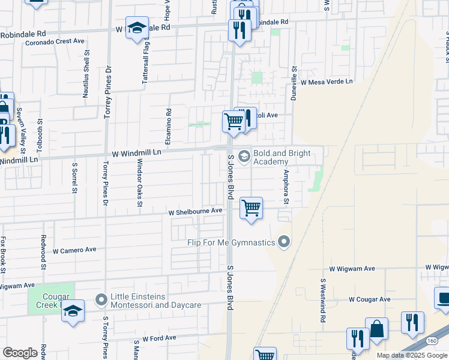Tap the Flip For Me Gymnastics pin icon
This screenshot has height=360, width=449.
coord(285,242)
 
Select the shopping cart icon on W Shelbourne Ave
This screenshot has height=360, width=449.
coord(251,208)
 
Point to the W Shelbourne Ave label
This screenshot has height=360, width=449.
coord(195,211)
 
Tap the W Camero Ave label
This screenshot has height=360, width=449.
coord(74,250)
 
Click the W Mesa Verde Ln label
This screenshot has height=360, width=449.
coord(327,82)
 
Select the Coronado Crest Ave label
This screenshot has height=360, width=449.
coord(55,43)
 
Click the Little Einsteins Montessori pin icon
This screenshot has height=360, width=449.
coord(101,298)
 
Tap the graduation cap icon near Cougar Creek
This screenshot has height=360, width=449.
coord(73,311)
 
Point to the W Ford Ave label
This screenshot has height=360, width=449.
coord(159,338)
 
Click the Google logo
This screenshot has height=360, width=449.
coord(20,353)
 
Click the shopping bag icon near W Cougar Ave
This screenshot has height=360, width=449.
coord(376,329)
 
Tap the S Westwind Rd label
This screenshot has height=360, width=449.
coord(322,300)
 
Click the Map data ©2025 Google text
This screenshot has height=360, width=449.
coord(412,355)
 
